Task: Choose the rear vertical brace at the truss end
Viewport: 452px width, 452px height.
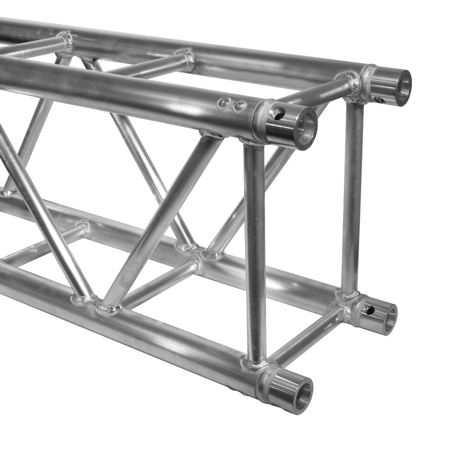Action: (x=353, y=197)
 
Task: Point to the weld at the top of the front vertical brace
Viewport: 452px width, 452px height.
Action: (x=251, y=142)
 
